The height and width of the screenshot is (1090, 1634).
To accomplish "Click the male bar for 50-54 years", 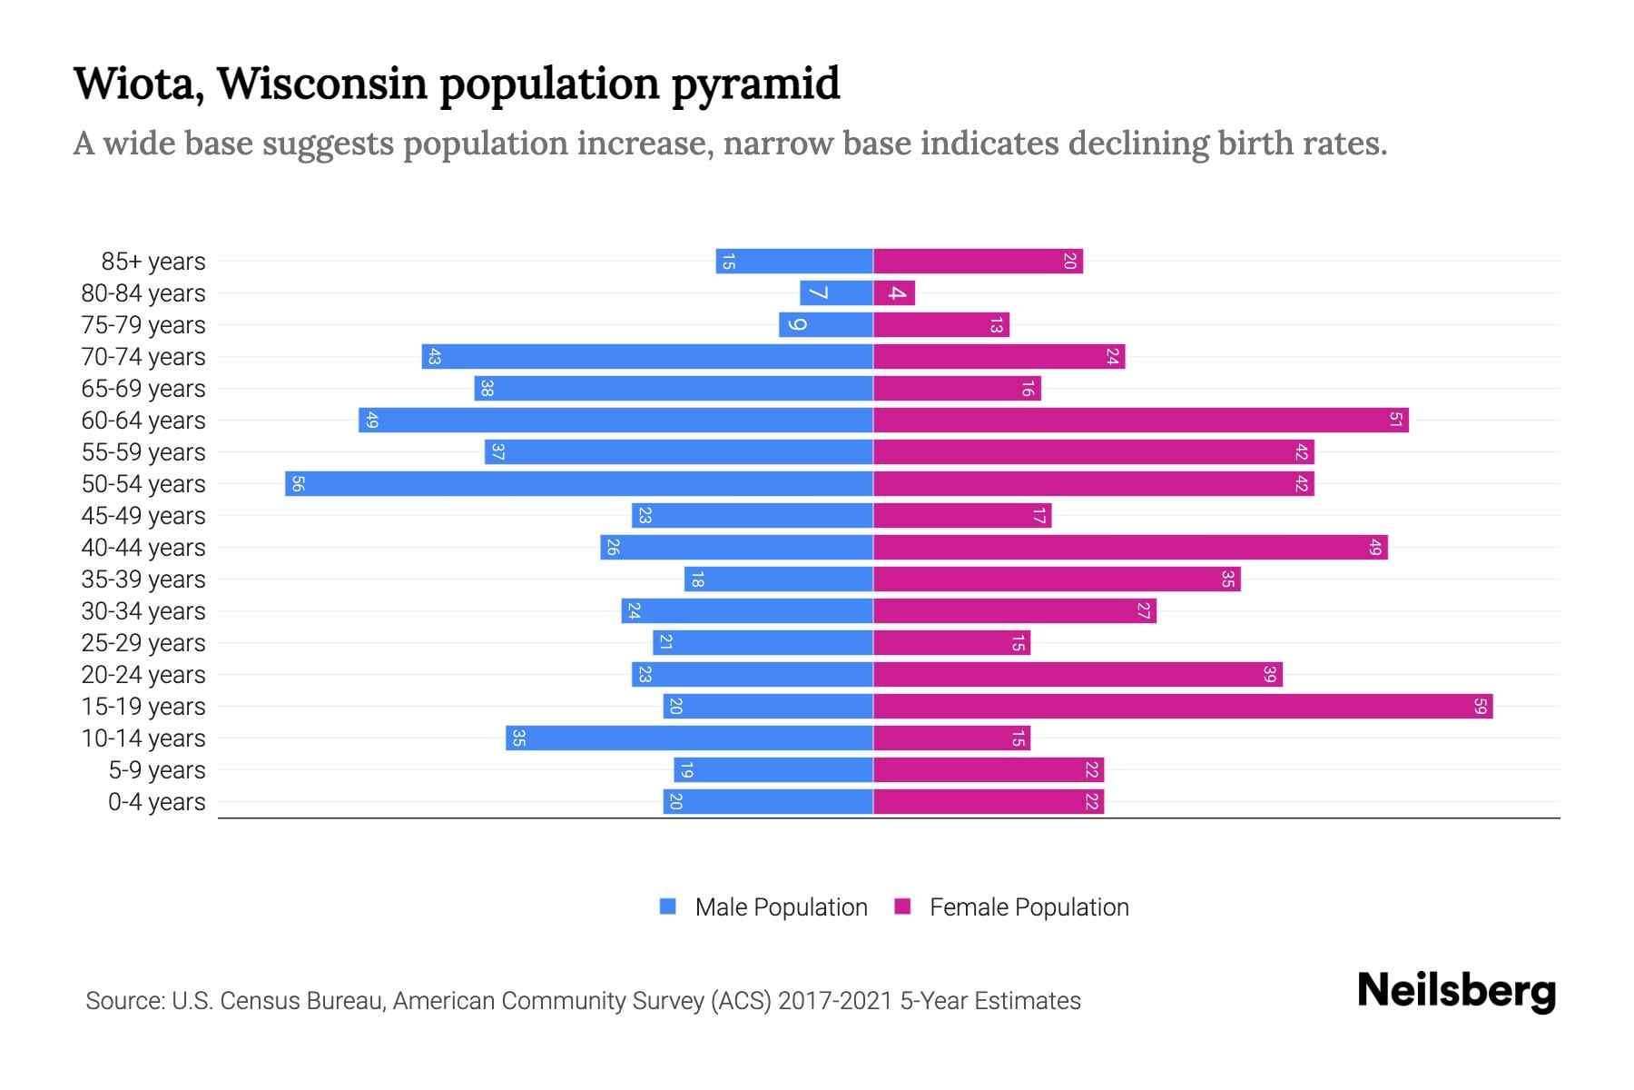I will coord(579,483).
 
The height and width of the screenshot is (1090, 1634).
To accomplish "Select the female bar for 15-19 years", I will coord(1183,706).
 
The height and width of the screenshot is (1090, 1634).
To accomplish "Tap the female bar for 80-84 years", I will coord(894,292).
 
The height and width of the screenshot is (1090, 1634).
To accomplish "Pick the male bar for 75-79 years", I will coord(826,324).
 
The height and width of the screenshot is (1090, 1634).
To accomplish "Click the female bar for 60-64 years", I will coord(1141,420).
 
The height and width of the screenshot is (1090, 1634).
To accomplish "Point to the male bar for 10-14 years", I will coord(690,738).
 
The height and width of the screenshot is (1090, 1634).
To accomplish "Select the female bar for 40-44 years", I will coord(1130,547).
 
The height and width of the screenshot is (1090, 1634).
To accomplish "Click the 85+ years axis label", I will coord(153,262).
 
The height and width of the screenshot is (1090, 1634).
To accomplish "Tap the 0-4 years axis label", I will coord(156,802).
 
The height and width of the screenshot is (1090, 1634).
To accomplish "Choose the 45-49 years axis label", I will coord(143,516).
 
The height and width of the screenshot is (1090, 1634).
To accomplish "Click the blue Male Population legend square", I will coord(668,907).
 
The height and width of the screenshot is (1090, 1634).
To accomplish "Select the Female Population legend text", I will coord(1029,907).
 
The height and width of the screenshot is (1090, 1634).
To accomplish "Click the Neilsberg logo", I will coord(1456,991).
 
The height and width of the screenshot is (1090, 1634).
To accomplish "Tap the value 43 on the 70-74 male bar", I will coord(434,357).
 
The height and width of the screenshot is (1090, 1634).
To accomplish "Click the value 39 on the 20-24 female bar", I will coord(1269,674).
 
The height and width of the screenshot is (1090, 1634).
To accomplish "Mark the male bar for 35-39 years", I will coord(779,579).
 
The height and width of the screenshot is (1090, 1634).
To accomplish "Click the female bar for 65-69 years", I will coord(957,388).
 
